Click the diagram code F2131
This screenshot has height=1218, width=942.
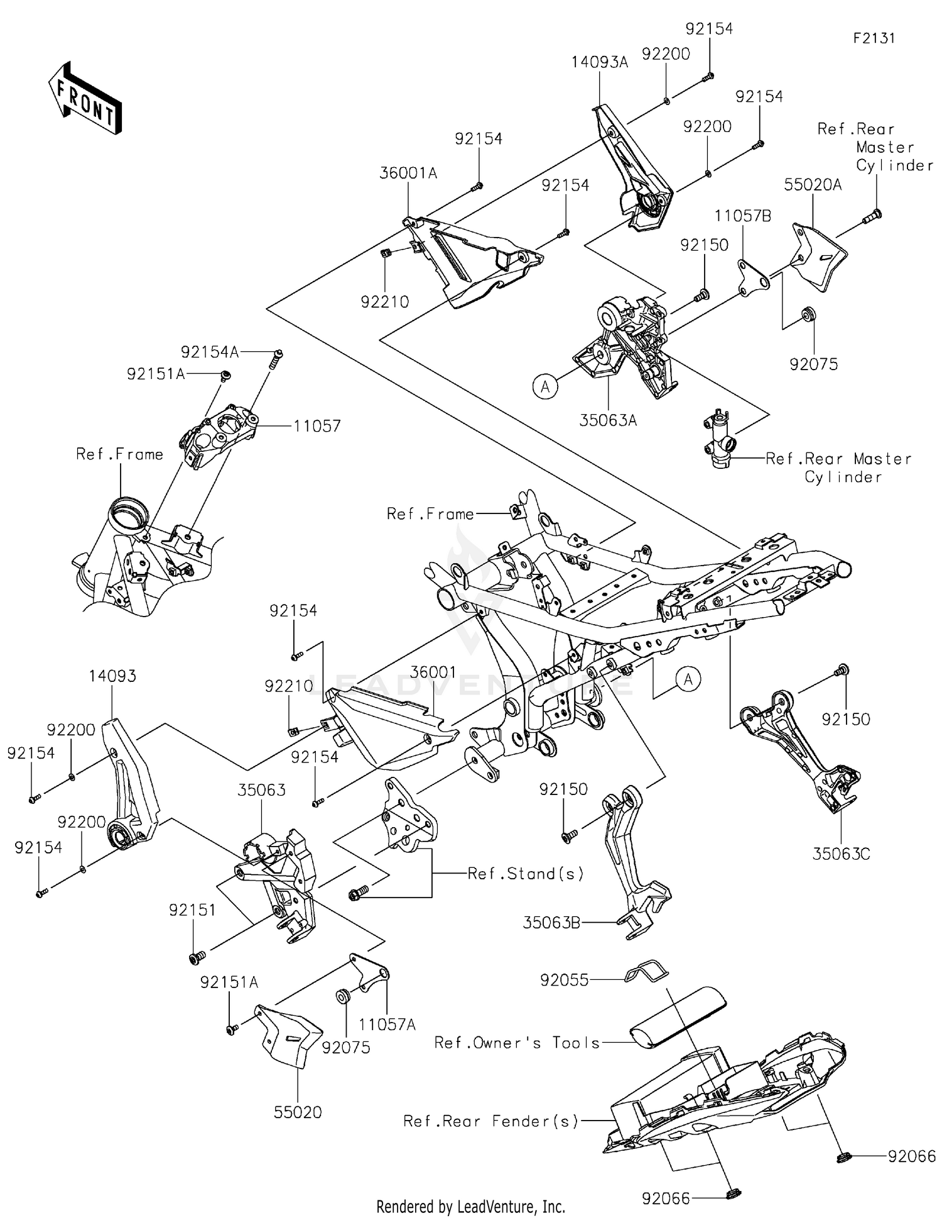coord(874,38)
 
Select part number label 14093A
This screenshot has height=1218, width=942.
coord(599,62)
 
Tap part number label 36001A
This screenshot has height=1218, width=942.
coord(408,173)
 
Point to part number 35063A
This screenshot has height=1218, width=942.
coord(608,420)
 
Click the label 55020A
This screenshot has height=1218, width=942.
coord(813,185)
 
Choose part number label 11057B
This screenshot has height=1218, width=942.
coord(742,216)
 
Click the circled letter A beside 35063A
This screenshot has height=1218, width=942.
coord(545,387)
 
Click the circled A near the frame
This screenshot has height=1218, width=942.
coord(688,679)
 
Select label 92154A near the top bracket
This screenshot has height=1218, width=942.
coord(210,353)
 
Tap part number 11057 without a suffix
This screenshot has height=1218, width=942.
coord(317,426)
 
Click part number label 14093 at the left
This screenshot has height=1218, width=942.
coord(112,676)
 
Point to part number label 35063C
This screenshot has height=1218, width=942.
coord(841,854)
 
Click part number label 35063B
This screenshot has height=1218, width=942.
coord(551,923)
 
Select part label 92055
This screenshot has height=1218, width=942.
coord(564,980)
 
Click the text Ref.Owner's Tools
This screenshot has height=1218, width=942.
coord(517,1043)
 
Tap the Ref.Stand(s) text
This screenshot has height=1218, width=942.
coord(526,874)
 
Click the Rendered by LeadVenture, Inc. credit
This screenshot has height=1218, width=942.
coord(470,1207)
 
